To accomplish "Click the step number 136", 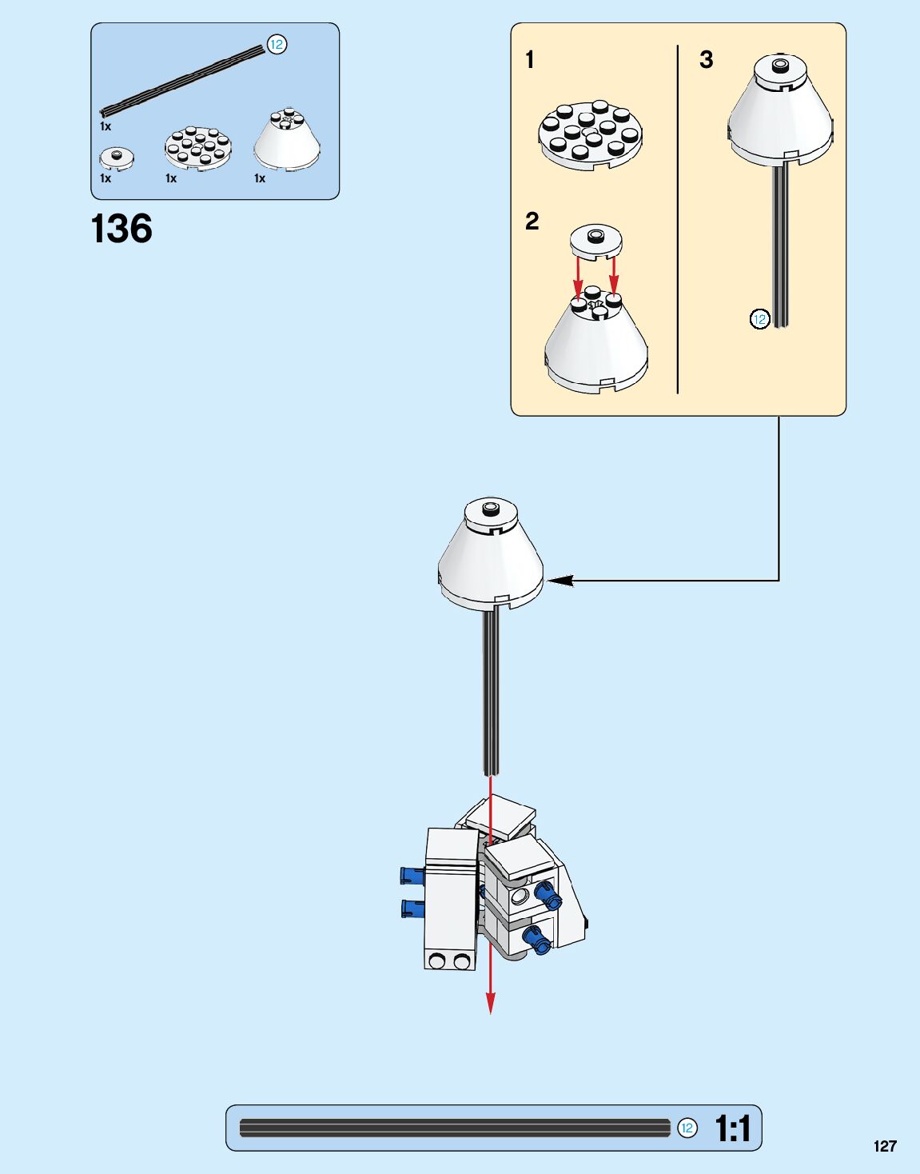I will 121,229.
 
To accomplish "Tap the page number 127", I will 885,1146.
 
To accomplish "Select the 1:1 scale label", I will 733,1128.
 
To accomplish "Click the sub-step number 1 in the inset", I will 530,60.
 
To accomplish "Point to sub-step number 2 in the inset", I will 532,222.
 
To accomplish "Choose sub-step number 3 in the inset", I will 706,60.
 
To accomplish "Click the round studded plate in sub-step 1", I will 591,134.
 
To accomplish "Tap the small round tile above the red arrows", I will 596,240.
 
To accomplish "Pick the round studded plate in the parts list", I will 199,148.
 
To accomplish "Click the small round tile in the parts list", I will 117,158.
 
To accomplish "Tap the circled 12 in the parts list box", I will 277,45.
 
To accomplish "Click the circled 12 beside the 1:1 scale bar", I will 687,1128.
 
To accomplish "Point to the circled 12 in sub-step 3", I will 759,320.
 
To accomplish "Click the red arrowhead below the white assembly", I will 490,1003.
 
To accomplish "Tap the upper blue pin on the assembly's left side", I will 412,875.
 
